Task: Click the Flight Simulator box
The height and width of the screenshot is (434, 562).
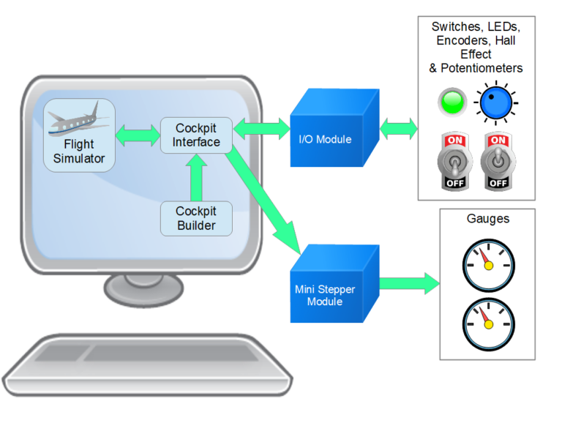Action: pyautogui.click(x=79, y=135)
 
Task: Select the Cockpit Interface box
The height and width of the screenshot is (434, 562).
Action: pyautogui.click(x=196, y=135)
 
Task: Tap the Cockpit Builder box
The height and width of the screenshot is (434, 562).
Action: pyautogui.click(x=196, y=218)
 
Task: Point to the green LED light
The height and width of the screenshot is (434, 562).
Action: pyautogui.click(x=453, y=102)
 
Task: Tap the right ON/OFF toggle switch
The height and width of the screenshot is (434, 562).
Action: pyautogui.click(x=498, y=161)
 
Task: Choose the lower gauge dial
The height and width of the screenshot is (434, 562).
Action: pyautogui.click(x=488, y=323)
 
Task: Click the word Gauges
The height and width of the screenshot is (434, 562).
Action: pyautogui.click(x=487, y=219)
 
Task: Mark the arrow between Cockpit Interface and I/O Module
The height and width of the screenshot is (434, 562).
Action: pyautogui.click(x=262, y=128)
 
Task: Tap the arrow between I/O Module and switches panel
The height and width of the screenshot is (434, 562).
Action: pyautogui.click(x=399, y=129)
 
